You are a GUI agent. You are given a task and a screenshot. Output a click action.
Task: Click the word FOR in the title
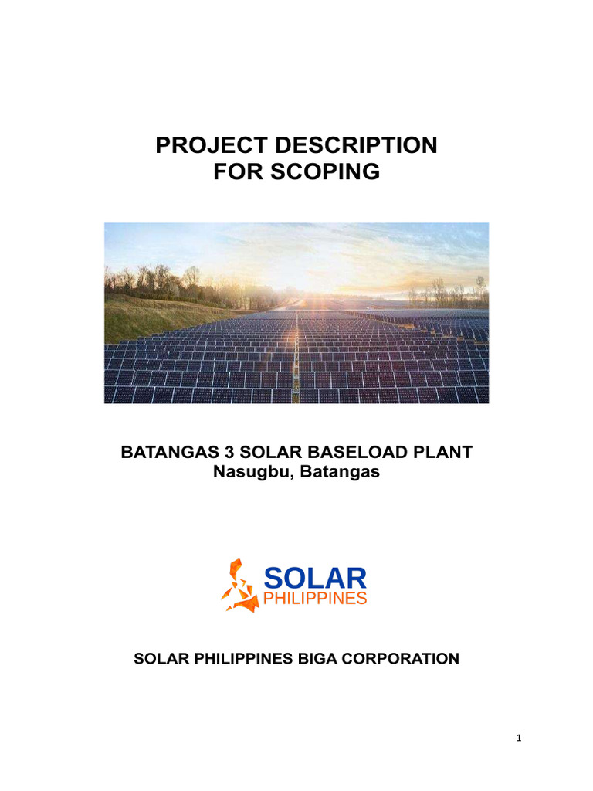pyautogui.click(x=236, y=172)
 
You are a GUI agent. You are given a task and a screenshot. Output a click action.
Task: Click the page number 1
pyautogui.click(x=520, y=738)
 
